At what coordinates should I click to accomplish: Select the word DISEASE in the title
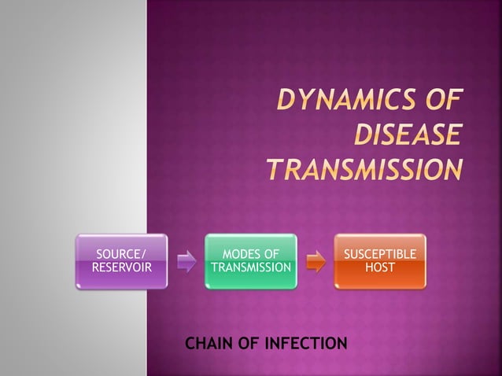(x=405, y=137)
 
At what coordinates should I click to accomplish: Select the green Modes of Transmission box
(x=251, y=261)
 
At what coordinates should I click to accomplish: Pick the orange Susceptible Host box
(x=379, y=261)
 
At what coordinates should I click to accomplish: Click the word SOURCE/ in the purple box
(x=120, y=253)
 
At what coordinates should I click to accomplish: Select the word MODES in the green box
(x=241, y=253)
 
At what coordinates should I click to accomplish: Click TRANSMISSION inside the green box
(x=251, y=267)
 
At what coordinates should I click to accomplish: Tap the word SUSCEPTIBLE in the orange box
(x=379, y=253)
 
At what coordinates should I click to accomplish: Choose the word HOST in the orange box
(x=379, y=267)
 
